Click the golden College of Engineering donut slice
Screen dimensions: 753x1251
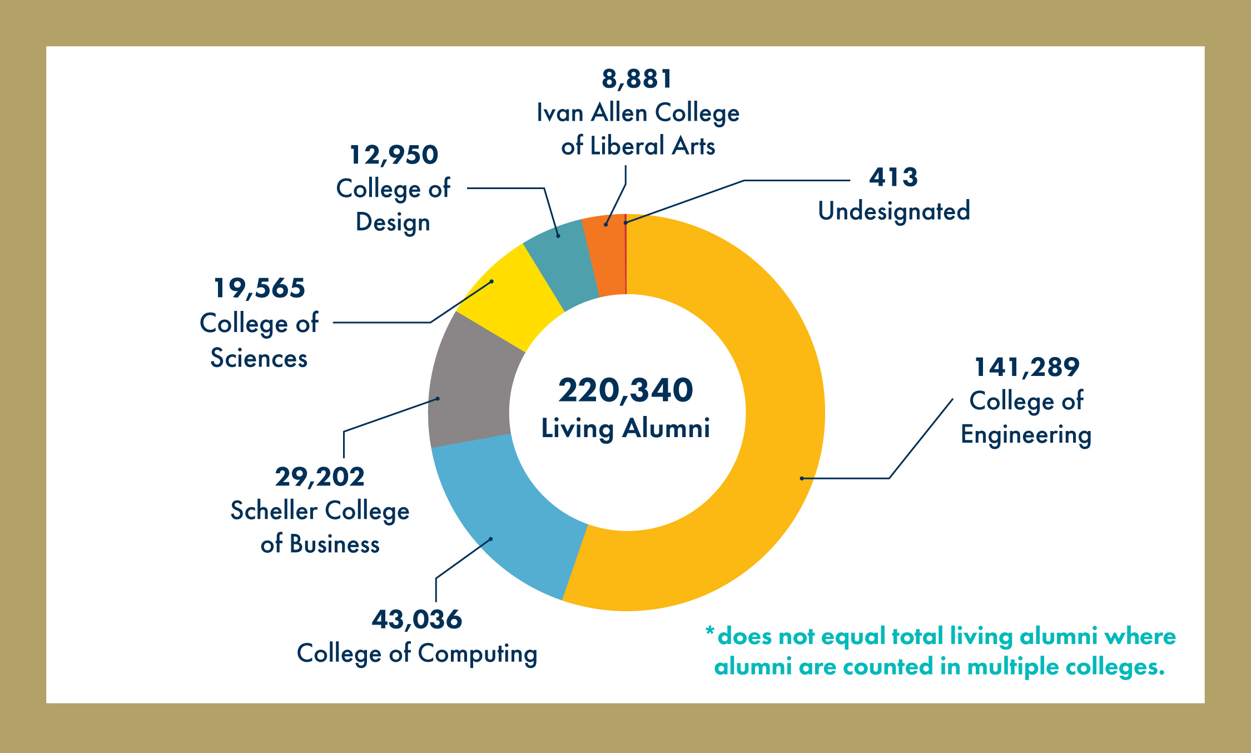pyautogui.click(x=778, y=389)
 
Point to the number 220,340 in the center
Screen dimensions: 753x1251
pyautogui.click(x=625, y=390)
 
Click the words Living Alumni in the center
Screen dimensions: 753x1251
pyautogui.click(x=625, y=428)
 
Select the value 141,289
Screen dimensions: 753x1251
pyautogui.click(x=1026, y=367)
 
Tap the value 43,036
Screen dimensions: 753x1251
pyautogui.click(x=416, y=620)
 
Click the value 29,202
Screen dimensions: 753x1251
pyautogui.click(x=320, y=477)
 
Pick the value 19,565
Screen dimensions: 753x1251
pyautogui.click(x=259, y=288)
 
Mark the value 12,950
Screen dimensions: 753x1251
pyautogui.click(x=394, y=155)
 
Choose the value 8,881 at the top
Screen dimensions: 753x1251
pyautogui.click(x=637, y=79)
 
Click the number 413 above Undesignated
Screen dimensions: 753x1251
pyautogui.click(x=893, y=177)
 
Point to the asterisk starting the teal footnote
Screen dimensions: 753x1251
pyautogui.click(x=709, y=631)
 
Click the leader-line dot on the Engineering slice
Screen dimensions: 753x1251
pyautogui.click(x=802, y=478)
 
